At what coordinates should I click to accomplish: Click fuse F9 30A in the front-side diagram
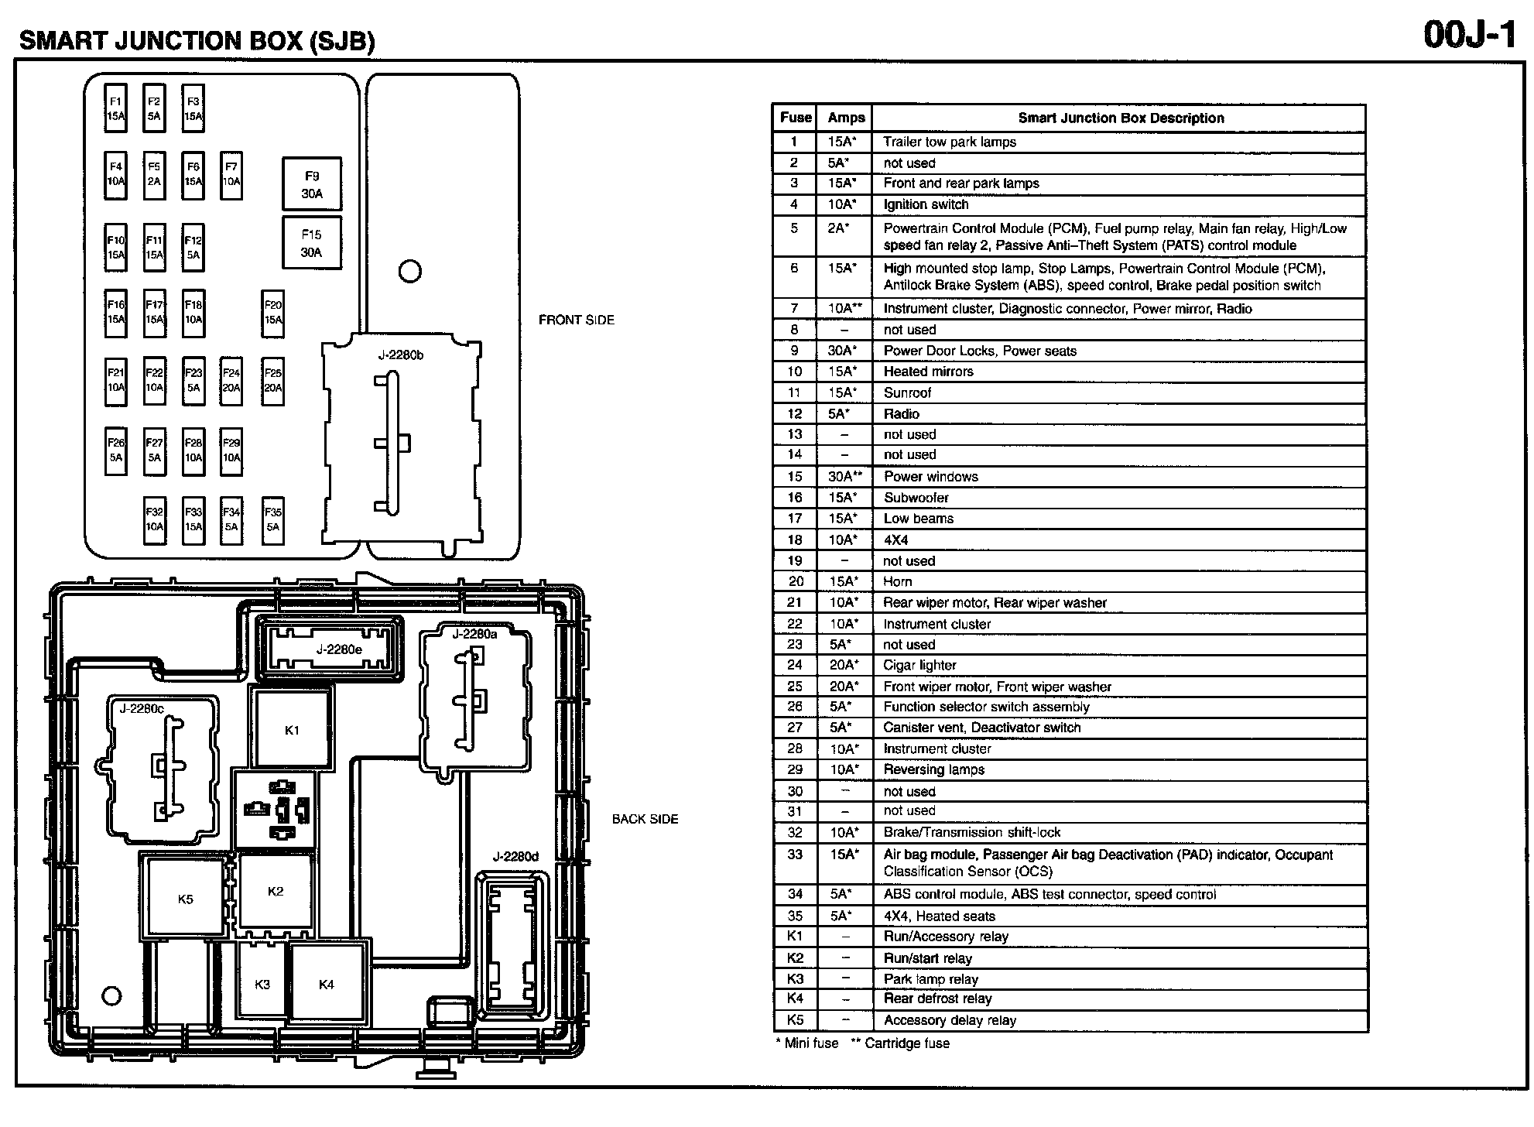(x=312, y=185)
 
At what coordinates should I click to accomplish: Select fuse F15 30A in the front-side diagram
(x=312, y=243)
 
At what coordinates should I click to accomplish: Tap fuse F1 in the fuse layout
(x=115, y=108)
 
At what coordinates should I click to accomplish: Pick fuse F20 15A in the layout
(x=273, y=313)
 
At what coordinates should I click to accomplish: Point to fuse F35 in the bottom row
(x=273, y=519)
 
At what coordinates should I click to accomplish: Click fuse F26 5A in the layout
(x=115, y=450)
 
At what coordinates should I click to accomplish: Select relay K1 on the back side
(x=292, y=730)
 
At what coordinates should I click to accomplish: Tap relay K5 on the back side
(x=185, y=899)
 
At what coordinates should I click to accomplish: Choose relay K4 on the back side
(x=327, y=984)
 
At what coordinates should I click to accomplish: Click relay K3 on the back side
(x=262, y=984)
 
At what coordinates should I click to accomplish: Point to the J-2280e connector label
(x=339, y=649)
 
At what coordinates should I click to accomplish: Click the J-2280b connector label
(x=401, y=355)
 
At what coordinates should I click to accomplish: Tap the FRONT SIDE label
(x=576, y=320)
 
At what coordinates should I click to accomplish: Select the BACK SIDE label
(x=645, y=819)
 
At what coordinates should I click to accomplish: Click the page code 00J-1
(x=1469, y=36)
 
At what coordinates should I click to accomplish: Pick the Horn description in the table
(x=898, y=581)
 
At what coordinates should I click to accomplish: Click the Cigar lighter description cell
(x=920, y=665)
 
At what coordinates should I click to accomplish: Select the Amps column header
(x=846, y=118)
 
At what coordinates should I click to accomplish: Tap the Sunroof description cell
(x=908, y=392)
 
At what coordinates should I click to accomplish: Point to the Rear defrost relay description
(x=937, y=999)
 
